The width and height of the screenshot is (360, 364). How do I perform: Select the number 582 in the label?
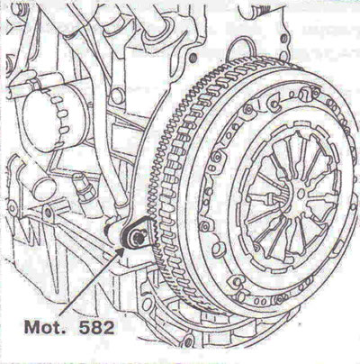point(96,327)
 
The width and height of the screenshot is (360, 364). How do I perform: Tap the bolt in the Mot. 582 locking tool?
point(138,237)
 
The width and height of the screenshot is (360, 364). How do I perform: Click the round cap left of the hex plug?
point(44,187)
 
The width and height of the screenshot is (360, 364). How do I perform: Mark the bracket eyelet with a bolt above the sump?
point(48,213)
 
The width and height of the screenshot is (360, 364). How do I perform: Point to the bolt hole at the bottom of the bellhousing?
point(188,340)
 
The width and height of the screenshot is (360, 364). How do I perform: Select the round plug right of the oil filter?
point(114,96)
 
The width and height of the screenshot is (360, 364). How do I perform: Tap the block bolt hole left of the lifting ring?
point(193,56)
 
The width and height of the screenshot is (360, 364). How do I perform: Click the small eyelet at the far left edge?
point(12,207)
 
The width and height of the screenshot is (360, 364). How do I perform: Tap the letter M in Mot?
point(31,327)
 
